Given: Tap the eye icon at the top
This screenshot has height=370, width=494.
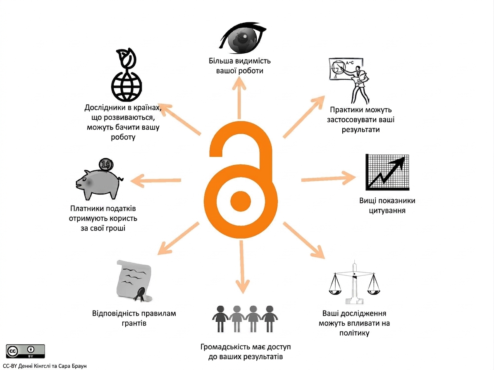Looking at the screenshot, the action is [x=242, y=38].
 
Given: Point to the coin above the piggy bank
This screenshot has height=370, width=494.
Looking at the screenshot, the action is [x=106, y=164].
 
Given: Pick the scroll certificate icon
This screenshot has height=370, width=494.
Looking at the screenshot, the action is [x=134, y=281].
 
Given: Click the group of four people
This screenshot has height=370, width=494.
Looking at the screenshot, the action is [x=245, y=319].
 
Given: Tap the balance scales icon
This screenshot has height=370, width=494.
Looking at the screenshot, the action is [x=354, y=282].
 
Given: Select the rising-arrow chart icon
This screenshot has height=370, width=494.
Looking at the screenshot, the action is [x=387, y=172].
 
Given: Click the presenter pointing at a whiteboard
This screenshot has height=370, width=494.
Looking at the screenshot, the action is [x=349, y=80].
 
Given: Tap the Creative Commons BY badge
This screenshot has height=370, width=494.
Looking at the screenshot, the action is [x=25, y=351].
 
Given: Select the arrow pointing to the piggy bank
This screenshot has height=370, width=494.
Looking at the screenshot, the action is [x=155, y=181].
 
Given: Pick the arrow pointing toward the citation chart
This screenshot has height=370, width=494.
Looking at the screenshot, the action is [x=329, y=178].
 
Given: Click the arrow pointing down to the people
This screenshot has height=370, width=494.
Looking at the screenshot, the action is [x=242, y=267].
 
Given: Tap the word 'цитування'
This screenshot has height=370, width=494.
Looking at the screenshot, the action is [x=387, y=211].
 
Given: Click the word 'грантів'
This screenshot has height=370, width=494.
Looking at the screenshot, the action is [x=134, y=323].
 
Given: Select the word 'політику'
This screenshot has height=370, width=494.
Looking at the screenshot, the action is [x=354, y=333].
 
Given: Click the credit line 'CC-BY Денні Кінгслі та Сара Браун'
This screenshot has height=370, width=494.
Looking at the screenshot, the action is [x=45, y=366].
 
